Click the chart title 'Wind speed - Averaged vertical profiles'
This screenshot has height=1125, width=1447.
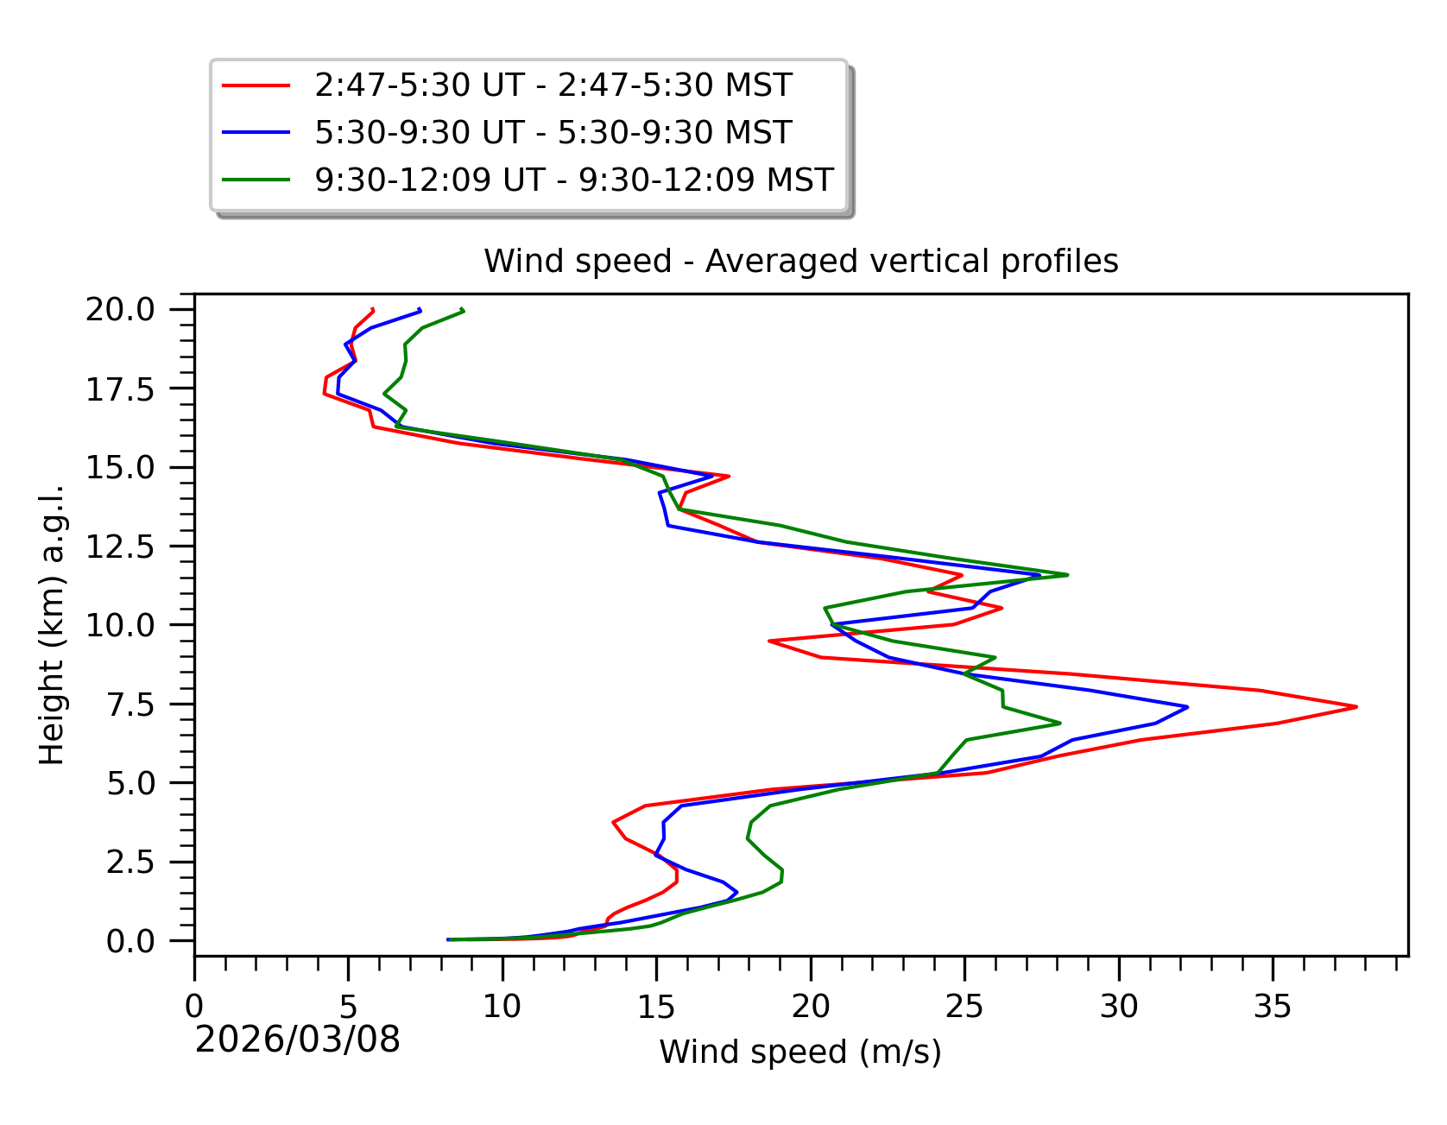pos(800,261)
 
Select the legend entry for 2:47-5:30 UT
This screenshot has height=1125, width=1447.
pos(553,85)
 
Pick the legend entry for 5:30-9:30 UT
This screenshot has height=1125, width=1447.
pos(553,133)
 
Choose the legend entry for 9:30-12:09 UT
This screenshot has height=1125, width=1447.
pos(574,180)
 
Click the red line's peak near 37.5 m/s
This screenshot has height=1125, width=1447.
pos(1356,706)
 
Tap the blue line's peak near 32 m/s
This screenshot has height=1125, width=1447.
pos(1187,706)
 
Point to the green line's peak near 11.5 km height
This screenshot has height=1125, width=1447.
pos(1067,574)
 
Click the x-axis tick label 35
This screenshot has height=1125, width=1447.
pos(1273,1007)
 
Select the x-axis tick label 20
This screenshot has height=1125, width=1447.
pos(811,1007)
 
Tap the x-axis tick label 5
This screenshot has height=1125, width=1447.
pos(349,1007)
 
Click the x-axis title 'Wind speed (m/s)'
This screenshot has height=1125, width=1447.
pos(800,1052)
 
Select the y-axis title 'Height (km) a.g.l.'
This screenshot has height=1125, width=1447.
pos(52,625)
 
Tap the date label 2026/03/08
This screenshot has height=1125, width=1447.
pos(298,1040)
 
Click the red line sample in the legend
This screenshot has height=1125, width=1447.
pos(256,85)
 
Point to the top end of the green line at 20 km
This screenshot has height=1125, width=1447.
pos(463,309)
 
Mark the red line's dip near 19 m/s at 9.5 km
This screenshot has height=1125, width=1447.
pos(769,641)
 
